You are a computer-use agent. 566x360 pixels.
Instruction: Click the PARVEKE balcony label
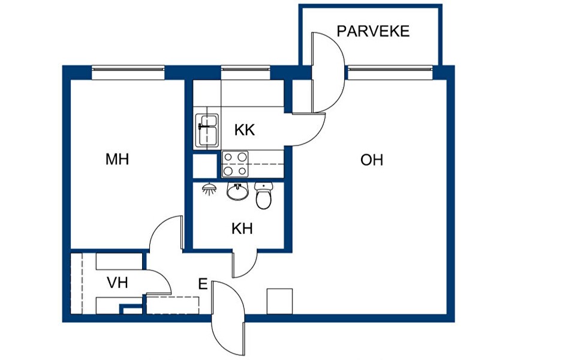pyautogui.click(x=373, y=31)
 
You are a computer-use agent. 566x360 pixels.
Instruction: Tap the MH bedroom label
pyautogui.click(x=117, y=160)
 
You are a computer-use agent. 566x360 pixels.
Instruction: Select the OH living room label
pyautogui.click(x=372, y=160)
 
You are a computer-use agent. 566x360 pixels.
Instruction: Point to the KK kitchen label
pyautogui.click(x=245, y=130)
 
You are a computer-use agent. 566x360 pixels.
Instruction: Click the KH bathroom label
pyautogui.click(x=242, y=229)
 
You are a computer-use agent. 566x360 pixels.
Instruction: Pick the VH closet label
pyautogui.click(x=118, y=283)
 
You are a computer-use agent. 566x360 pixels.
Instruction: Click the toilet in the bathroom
pyautogui.click(x=264, y=195)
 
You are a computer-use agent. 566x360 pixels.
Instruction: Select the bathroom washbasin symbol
pyautogui.click(x=238, y=191)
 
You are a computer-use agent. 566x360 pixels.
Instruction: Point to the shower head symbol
pyautogui.click(x=209, y=189)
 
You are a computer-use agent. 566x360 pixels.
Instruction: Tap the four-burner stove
pyautogui.click(x=235, y=164)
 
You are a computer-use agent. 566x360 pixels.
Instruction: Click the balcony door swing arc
pyautogui.click(x=329, y=72)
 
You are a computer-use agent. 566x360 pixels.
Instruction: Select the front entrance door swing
pyautogui.click(x=228, y=318)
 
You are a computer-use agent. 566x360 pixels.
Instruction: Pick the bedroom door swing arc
pyautogui.click(x=164, y=234)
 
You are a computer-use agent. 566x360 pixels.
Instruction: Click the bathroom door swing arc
pyautogui.click(x=245, y=264)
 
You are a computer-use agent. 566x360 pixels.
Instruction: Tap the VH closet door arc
pyautogui.click(x=159, y=282)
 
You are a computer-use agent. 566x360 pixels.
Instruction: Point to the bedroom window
pyautogui.click(x=128, y=72)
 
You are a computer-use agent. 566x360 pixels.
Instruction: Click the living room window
pyautogui.click(x=389, y=72)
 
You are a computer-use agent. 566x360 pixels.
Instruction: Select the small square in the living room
pyautogui.click(x=279, y=301)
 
